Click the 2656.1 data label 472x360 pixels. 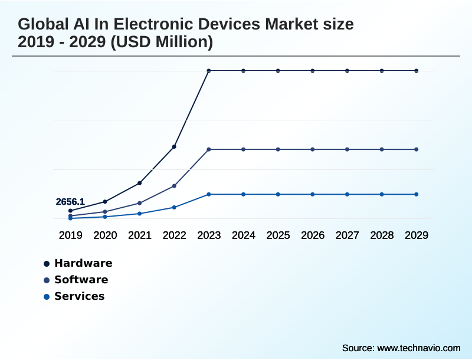pyautogui.click(x=70, y=202)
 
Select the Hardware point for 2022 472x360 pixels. pyautogui.click(x=174, y=146)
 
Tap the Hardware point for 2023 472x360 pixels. pyautogui.click(x=209, y=71)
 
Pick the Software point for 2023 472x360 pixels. pyautogui.click(x=209, y=149)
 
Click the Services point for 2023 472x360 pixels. pyautogui.click(x=209, y=194)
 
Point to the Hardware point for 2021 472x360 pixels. pyautogui.click(x=140, y=183)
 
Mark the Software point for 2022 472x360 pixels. pyautogui.click(x=174, y=186)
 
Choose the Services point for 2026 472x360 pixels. pyautogui.click(x=313, y=194)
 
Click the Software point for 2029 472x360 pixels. pyautogui.click(x=417, y=149)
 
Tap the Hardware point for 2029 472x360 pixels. pyautogui.click(x=417, y=71)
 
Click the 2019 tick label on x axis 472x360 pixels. pyautogui.click(x=70, y=235)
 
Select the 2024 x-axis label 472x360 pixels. pyautogui.click(x=243, y=235)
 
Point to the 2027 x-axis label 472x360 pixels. pyautogui.click(x=347, y=235)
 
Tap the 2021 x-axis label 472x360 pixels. pyautogui.click(x=140, y=235)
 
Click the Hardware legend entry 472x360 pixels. pyautogui.click(x=83, y=263)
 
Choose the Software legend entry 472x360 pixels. pyautogui.click(x=81, y=280)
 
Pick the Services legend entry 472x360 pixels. pyautogui.click(x=79, y=296)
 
